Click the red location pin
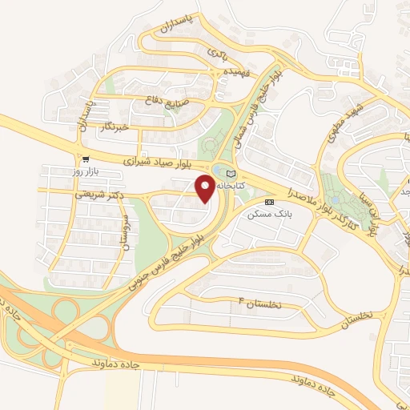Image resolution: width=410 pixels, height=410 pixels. [205, 189]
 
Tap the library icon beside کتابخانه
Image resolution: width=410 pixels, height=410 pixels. [231, 173]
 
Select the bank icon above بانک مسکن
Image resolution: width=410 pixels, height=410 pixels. [269, 201]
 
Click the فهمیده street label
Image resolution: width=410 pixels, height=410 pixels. [226, 72]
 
